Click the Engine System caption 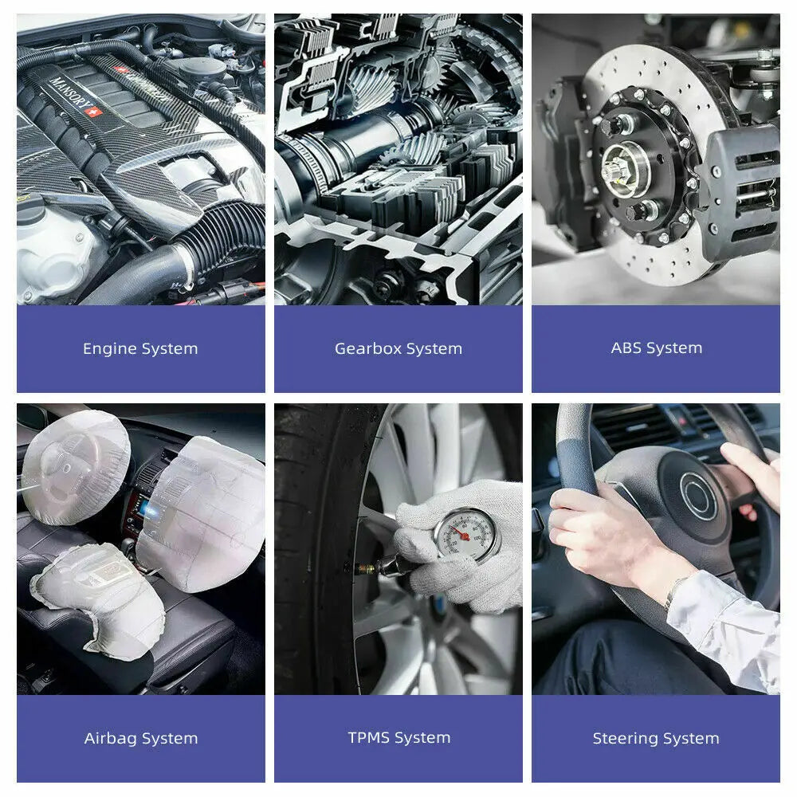coord(140,349)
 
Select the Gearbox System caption coord(398,349)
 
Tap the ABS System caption coord(657,348)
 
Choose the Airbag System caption coord(141,738)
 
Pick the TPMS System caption coord(399,737)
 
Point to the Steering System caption coord(656,738)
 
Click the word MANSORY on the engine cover coord(73,95)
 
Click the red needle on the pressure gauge coord(459,532)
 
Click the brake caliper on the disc coord(739,188)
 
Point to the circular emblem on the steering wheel coord(698,495)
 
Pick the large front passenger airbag coord(203,513)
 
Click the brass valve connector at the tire coord(365,566)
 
